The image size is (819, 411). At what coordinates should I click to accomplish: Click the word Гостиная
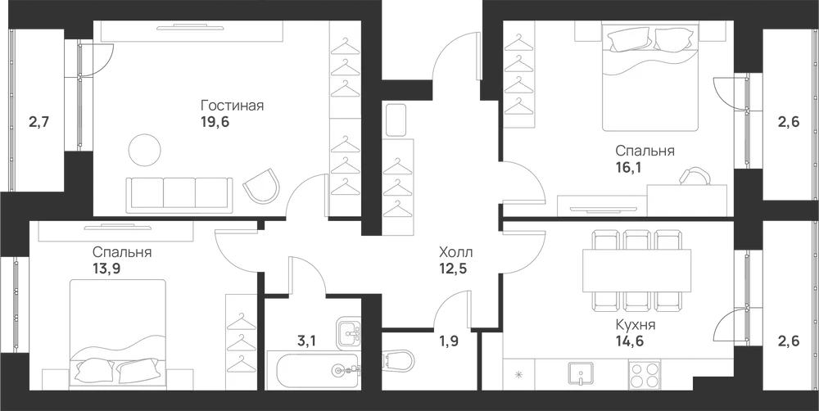(x=232, y=106)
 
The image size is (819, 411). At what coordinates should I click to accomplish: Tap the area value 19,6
(x=215, y=122)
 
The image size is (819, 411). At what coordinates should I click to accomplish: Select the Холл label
(x=456, y=253)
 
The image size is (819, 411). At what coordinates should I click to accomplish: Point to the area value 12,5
(x=453, y=269)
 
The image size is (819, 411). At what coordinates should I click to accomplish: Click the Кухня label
(x=636, y=325)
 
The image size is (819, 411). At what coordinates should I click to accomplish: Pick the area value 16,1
(x=629, y=167)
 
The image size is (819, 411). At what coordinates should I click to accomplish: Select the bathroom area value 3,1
(x=305, y=342)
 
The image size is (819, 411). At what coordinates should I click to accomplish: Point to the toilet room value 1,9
(x=449, y=342)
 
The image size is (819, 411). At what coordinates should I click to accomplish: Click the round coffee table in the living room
(x=145, y=150)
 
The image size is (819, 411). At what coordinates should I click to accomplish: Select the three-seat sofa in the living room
(x=179, y=195)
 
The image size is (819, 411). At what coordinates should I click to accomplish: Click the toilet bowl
(x=399, y=360)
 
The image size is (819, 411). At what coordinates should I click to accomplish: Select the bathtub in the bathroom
(x=313, y=370)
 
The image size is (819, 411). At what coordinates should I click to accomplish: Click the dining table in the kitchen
(x=636, y=270)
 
